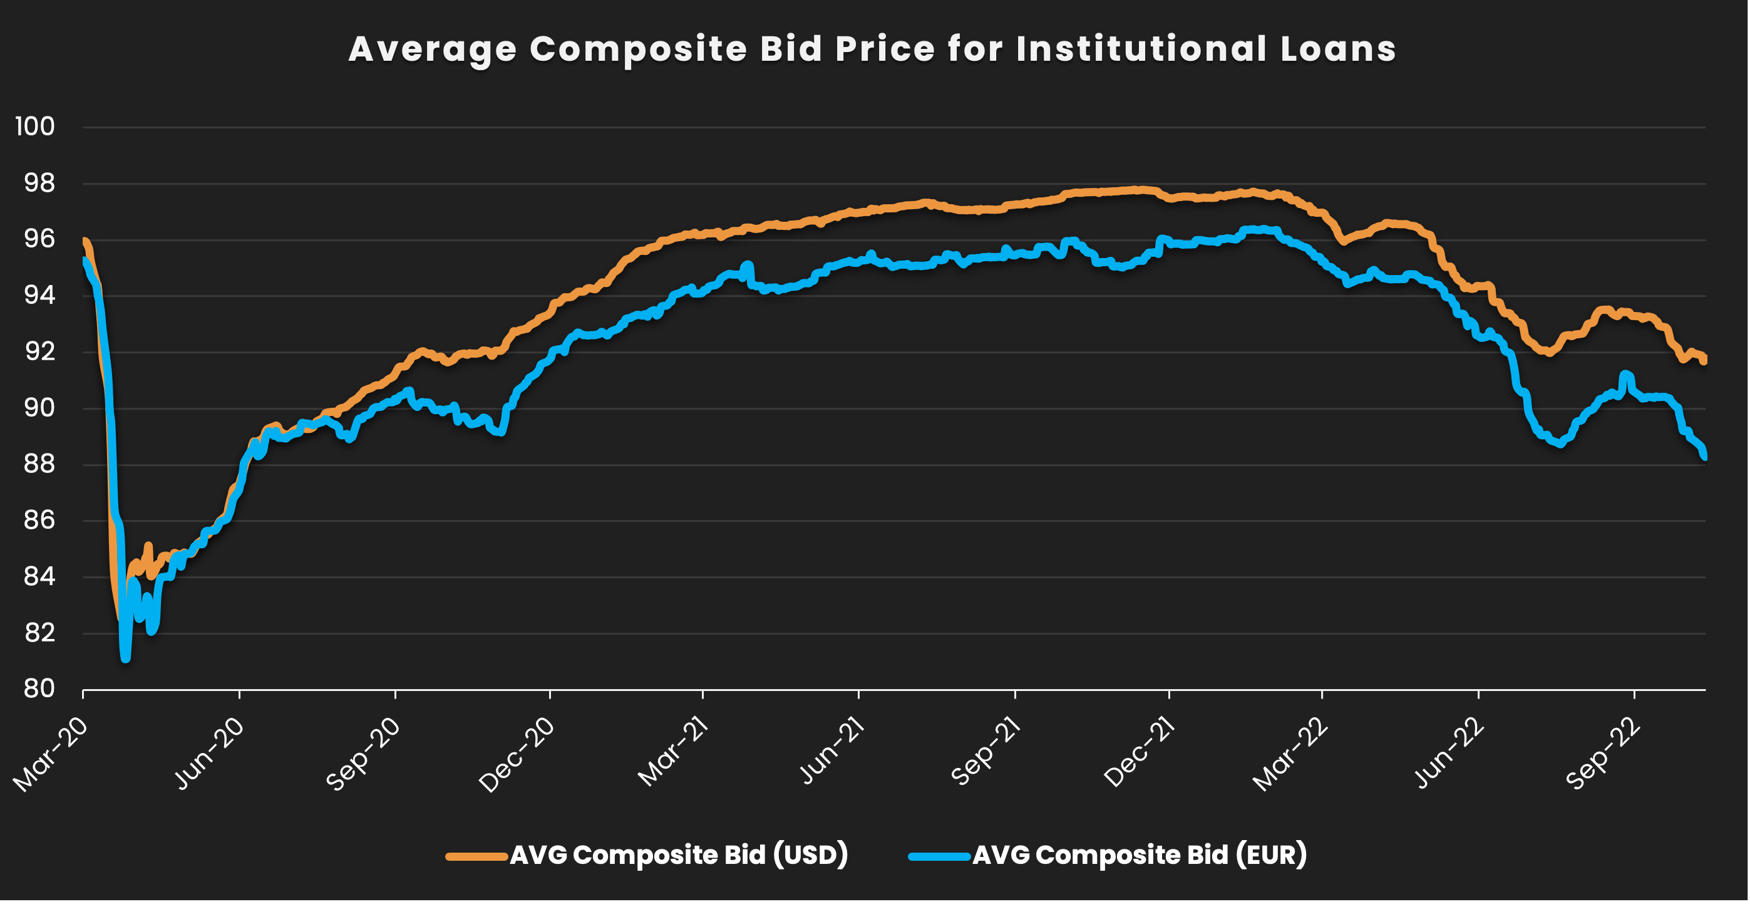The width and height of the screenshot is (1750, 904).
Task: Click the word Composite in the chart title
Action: click(x=638, y=49)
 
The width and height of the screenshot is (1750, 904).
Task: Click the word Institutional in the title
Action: click(x=1141, y=49)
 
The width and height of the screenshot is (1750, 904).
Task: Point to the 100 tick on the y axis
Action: click(x=35, y=127)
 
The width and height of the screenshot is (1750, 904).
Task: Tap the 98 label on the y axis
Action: click(x=39, y=183)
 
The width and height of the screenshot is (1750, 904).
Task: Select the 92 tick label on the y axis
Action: click(x=39, y=351)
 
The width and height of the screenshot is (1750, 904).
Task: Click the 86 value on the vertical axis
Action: click(x=39, y=521)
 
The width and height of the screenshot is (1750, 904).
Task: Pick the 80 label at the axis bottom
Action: click(x=39, y=689)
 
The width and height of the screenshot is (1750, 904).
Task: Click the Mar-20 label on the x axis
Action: click(x=51, y=754)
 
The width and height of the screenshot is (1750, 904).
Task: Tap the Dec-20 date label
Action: click(x=517, y=754)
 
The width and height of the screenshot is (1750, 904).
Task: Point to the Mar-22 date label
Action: click(x=1291, y=754)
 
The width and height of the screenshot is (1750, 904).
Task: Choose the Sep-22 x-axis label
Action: click(x=1603, y=754)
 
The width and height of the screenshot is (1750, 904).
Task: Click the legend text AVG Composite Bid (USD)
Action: click(x=679, y=855)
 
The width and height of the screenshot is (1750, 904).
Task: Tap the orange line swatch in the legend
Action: click(x=476, y=856)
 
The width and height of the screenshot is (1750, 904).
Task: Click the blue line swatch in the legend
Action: click(x=939, y=856)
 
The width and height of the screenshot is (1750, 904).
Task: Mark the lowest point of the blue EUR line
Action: click(x=125, y=658)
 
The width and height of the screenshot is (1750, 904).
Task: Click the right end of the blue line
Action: click(x=1704, y=457)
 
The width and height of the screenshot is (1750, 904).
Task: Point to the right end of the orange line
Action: click(x=1704, y=360)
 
